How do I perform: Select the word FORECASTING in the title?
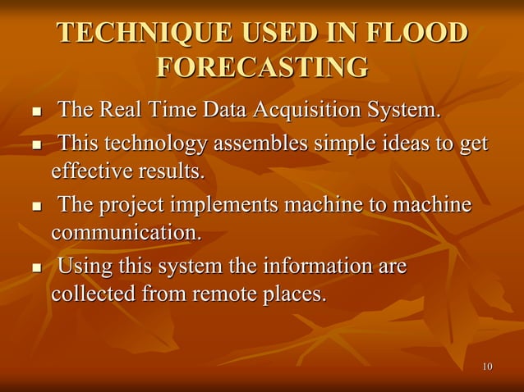click(x=261, y=67)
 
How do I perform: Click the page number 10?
click(x=488, y=366)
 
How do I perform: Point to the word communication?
click(x=126, y=231)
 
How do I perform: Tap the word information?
click(x=315, y=267)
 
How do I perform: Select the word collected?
click(x=90, y=294)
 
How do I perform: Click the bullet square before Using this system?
click(x=35, y=268)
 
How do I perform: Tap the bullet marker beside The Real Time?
click(x=35, y=112)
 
